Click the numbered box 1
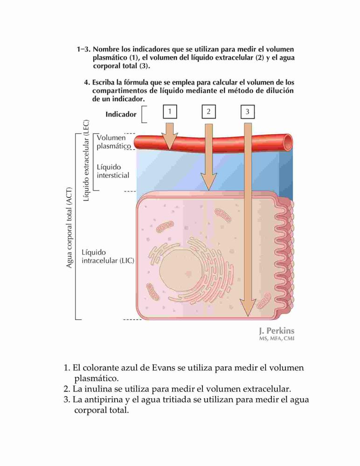pyautogui.click(x=170, y=112)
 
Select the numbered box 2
pyautogui.click(x=208, y=112)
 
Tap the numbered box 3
pyautogui.click(x=248, y=112)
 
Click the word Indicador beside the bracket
pyautogui.click(x=121, y=115)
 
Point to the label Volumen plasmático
pyautogui.click(x=114, y=142)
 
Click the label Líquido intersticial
pyautogui.click(x=113, y=171)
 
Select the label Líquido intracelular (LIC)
pyautogui.click(x=108, y=256)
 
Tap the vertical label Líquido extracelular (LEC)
pyautogui.click(x=86, y=160)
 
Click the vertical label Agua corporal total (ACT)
pyautogui.click(x=69, y=228)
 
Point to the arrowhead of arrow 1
pyautogui.click(x=170, y=142)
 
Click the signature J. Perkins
pyautogui.click(x=277, y=331)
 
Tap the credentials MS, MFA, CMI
pyautogui.click(x=277, y=338)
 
